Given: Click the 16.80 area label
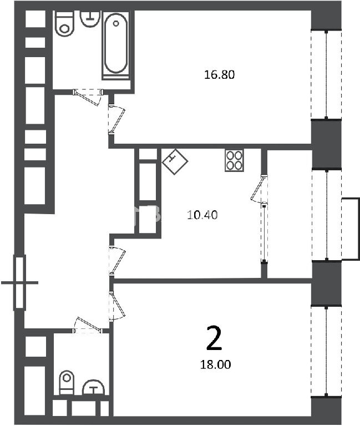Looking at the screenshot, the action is tap(219, 74).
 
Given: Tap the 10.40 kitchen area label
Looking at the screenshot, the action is tap(202, 215).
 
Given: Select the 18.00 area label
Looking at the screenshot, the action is tap(215, 364).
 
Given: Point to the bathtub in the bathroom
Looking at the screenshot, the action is tap(116, 45).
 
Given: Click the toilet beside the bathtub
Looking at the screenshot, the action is tap(64, 23).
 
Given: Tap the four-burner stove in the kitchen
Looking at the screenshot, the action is tap(234, 160).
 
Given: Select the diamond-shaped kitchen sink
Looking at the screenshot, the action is tap(175, 161).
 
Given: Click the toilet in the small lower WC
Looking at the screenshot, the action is tap(67, 382).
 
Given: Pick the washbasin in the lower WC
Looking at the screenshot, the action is tap(93, 387).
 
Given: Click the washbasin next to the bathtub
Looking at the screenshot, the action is tap(89, 18).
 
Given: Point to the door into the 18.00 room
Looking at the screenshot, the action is tap(117, 306).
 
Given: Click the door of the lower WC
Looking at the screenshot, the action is tap(88, 325).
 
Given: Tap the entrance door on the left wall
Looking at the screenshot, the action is tap(19, 282).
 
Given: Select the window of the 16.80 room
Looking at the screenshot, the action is tap(326, 74).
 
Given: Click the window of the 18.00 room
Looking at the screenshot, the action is tap(326, 352).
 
